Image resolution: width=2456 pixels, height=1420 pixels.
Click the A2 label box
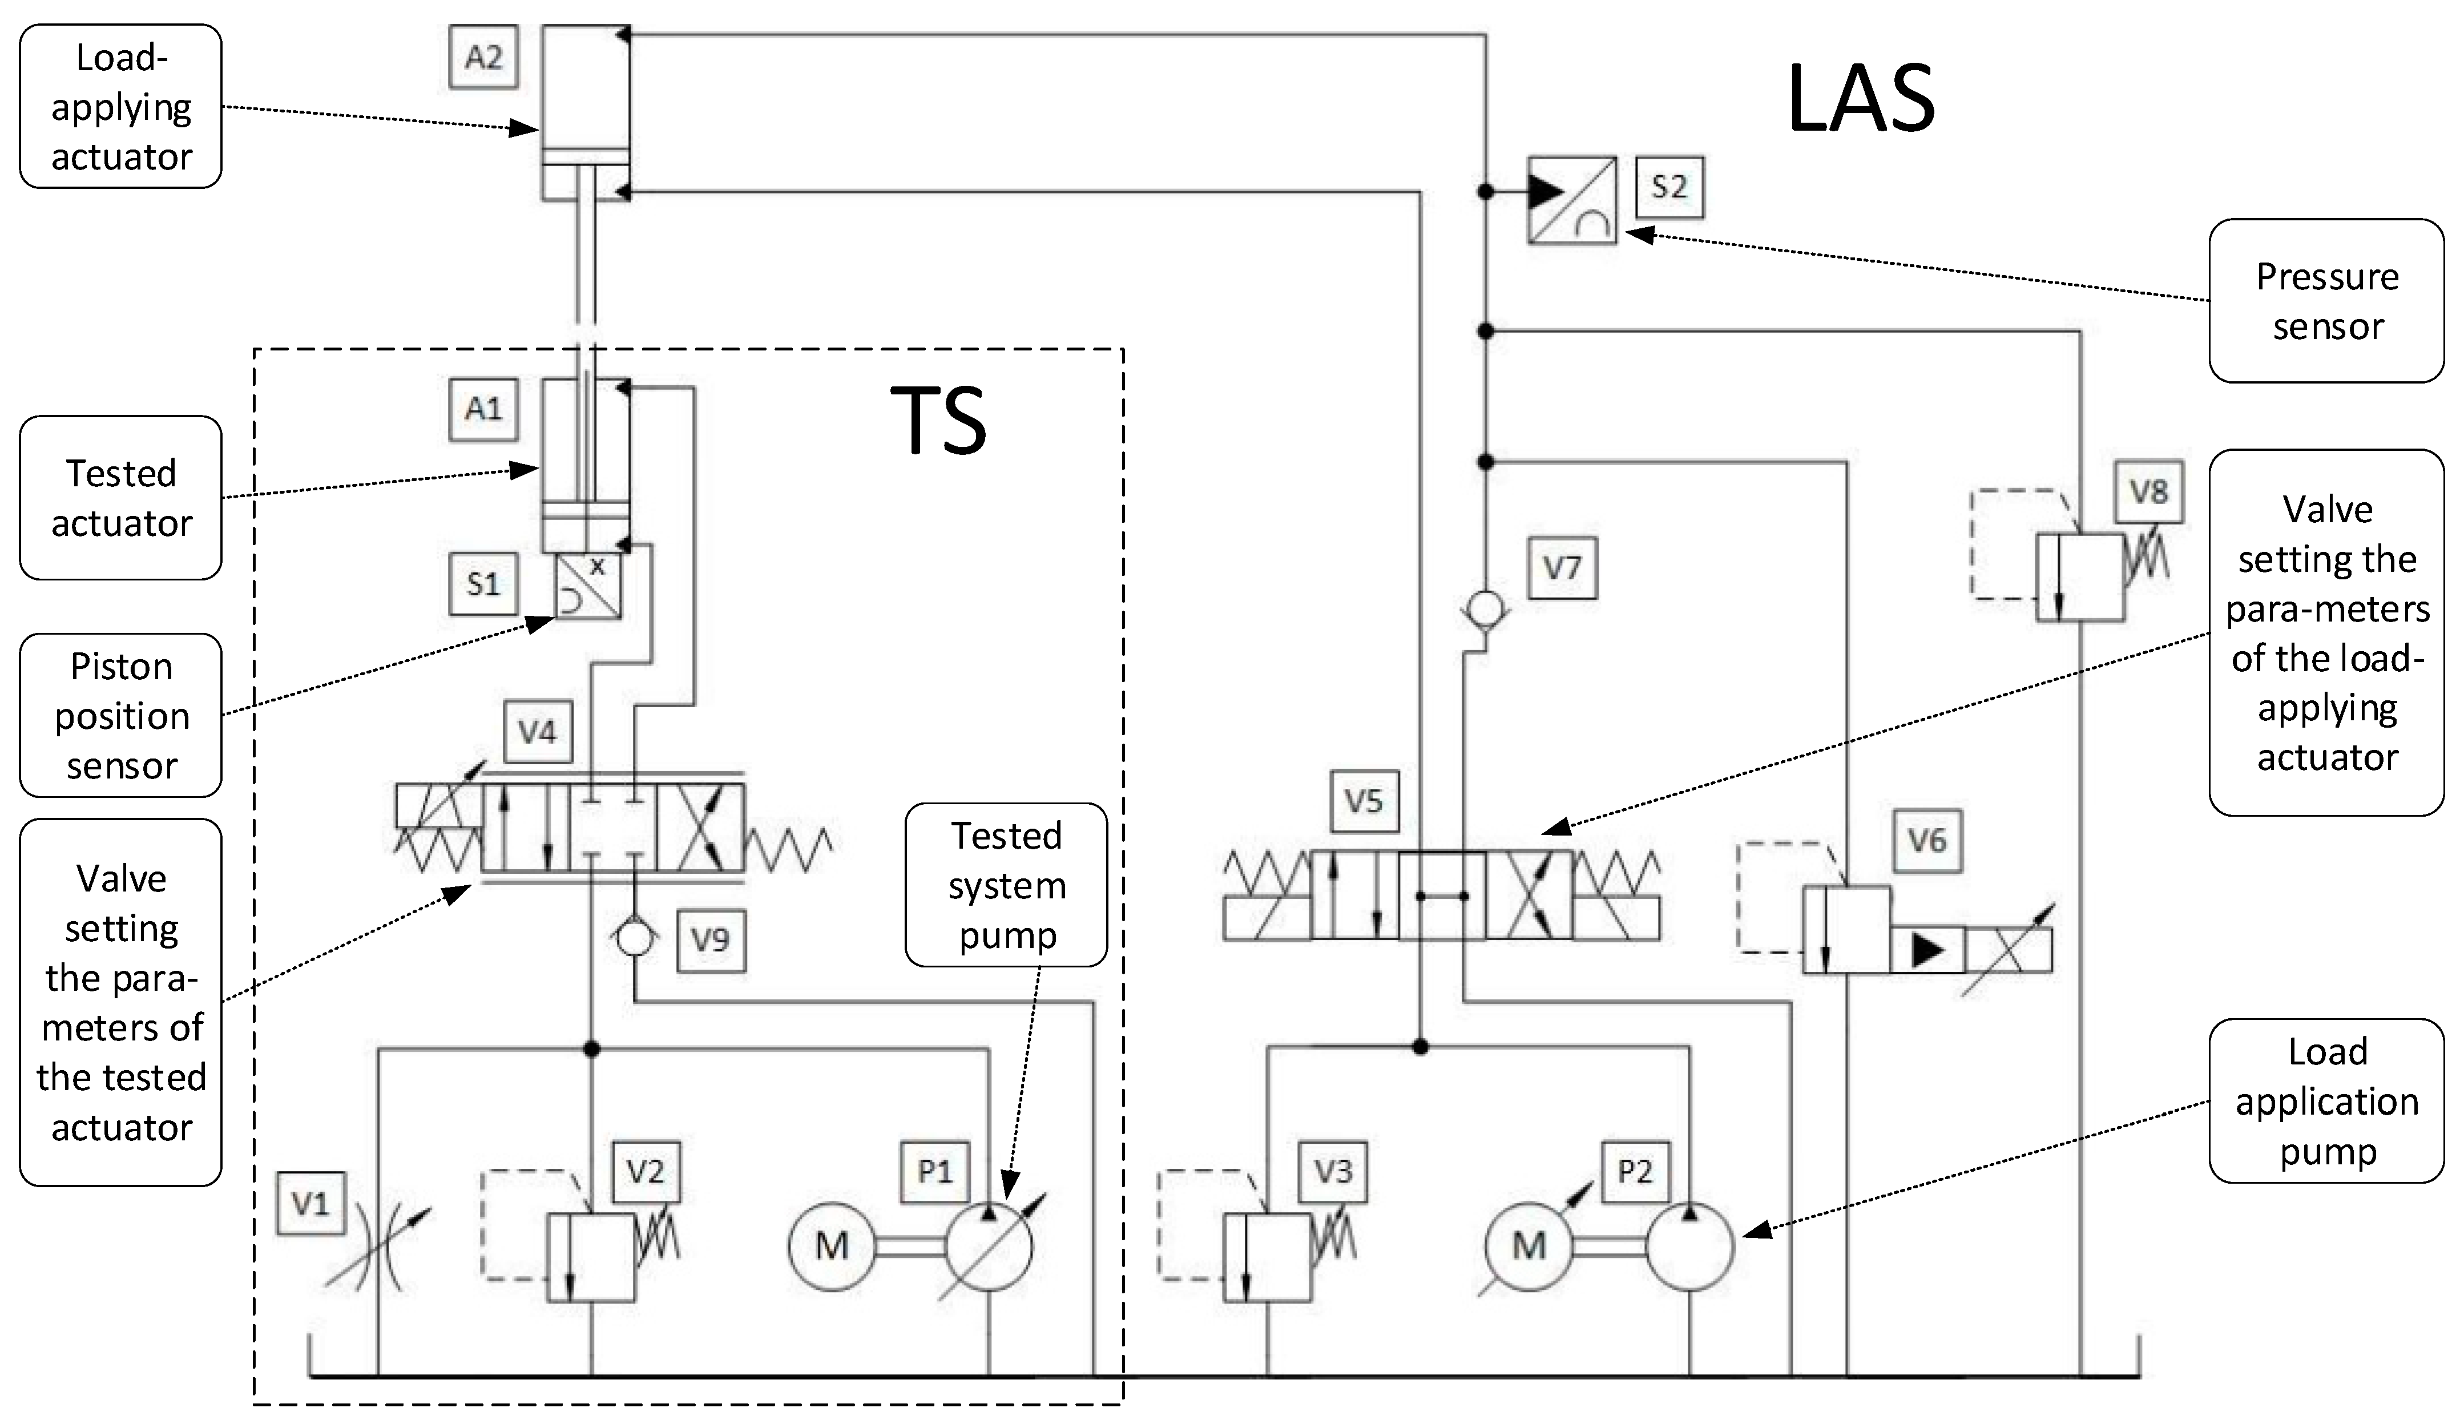click(x=483, y=58)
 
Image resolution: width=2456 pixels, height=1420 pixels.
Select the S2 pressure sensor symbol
click(x=1571, y=200)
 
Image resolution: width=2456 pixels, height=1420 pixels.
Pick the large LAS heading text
click(x=1861, y=99)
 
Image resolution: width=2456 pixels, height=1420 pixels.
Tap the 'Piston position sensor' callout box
click(x=121, y=715)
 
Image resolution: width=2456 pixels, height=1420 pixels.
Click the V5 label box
click(x=1364, y=801)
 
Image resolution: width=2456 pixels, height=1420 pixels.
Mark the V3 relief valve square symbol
click(x=1267, y=1257)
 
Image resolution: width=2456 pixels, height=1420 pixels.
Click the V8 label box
click(x=2148, y=491)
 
